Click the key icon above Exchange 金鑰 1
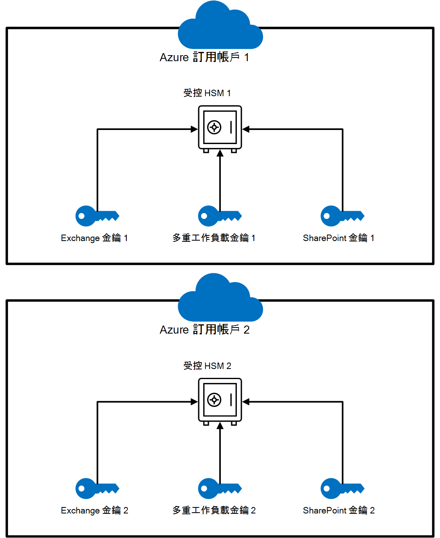coord(97,216)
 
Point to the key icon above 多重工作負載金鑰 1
coord(220,216)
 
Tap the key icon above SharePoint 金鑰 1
coord(342,216)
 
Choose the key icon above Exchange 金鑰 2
coord(97,489)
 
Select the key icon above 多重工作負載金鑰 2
coord(220,489)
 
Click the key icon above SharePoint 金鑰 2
coord(342,489)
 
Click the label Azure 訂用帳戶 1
coord(204,57)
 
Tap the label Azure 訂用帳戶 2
coord(204,330)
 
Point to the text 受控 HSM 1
coord(207,93)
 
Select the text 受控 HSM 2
coord(207,366)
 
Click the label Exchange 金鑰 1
coord(94,238)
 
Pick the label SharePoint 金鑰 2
coord(339,510)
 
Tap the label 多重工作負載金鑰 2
coord(214,510)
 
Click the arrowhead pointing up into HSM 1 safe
coord(220,153)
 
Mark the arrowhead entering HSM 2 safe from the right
coord(246,402)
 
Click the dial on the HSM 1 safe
coord(214,128)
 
